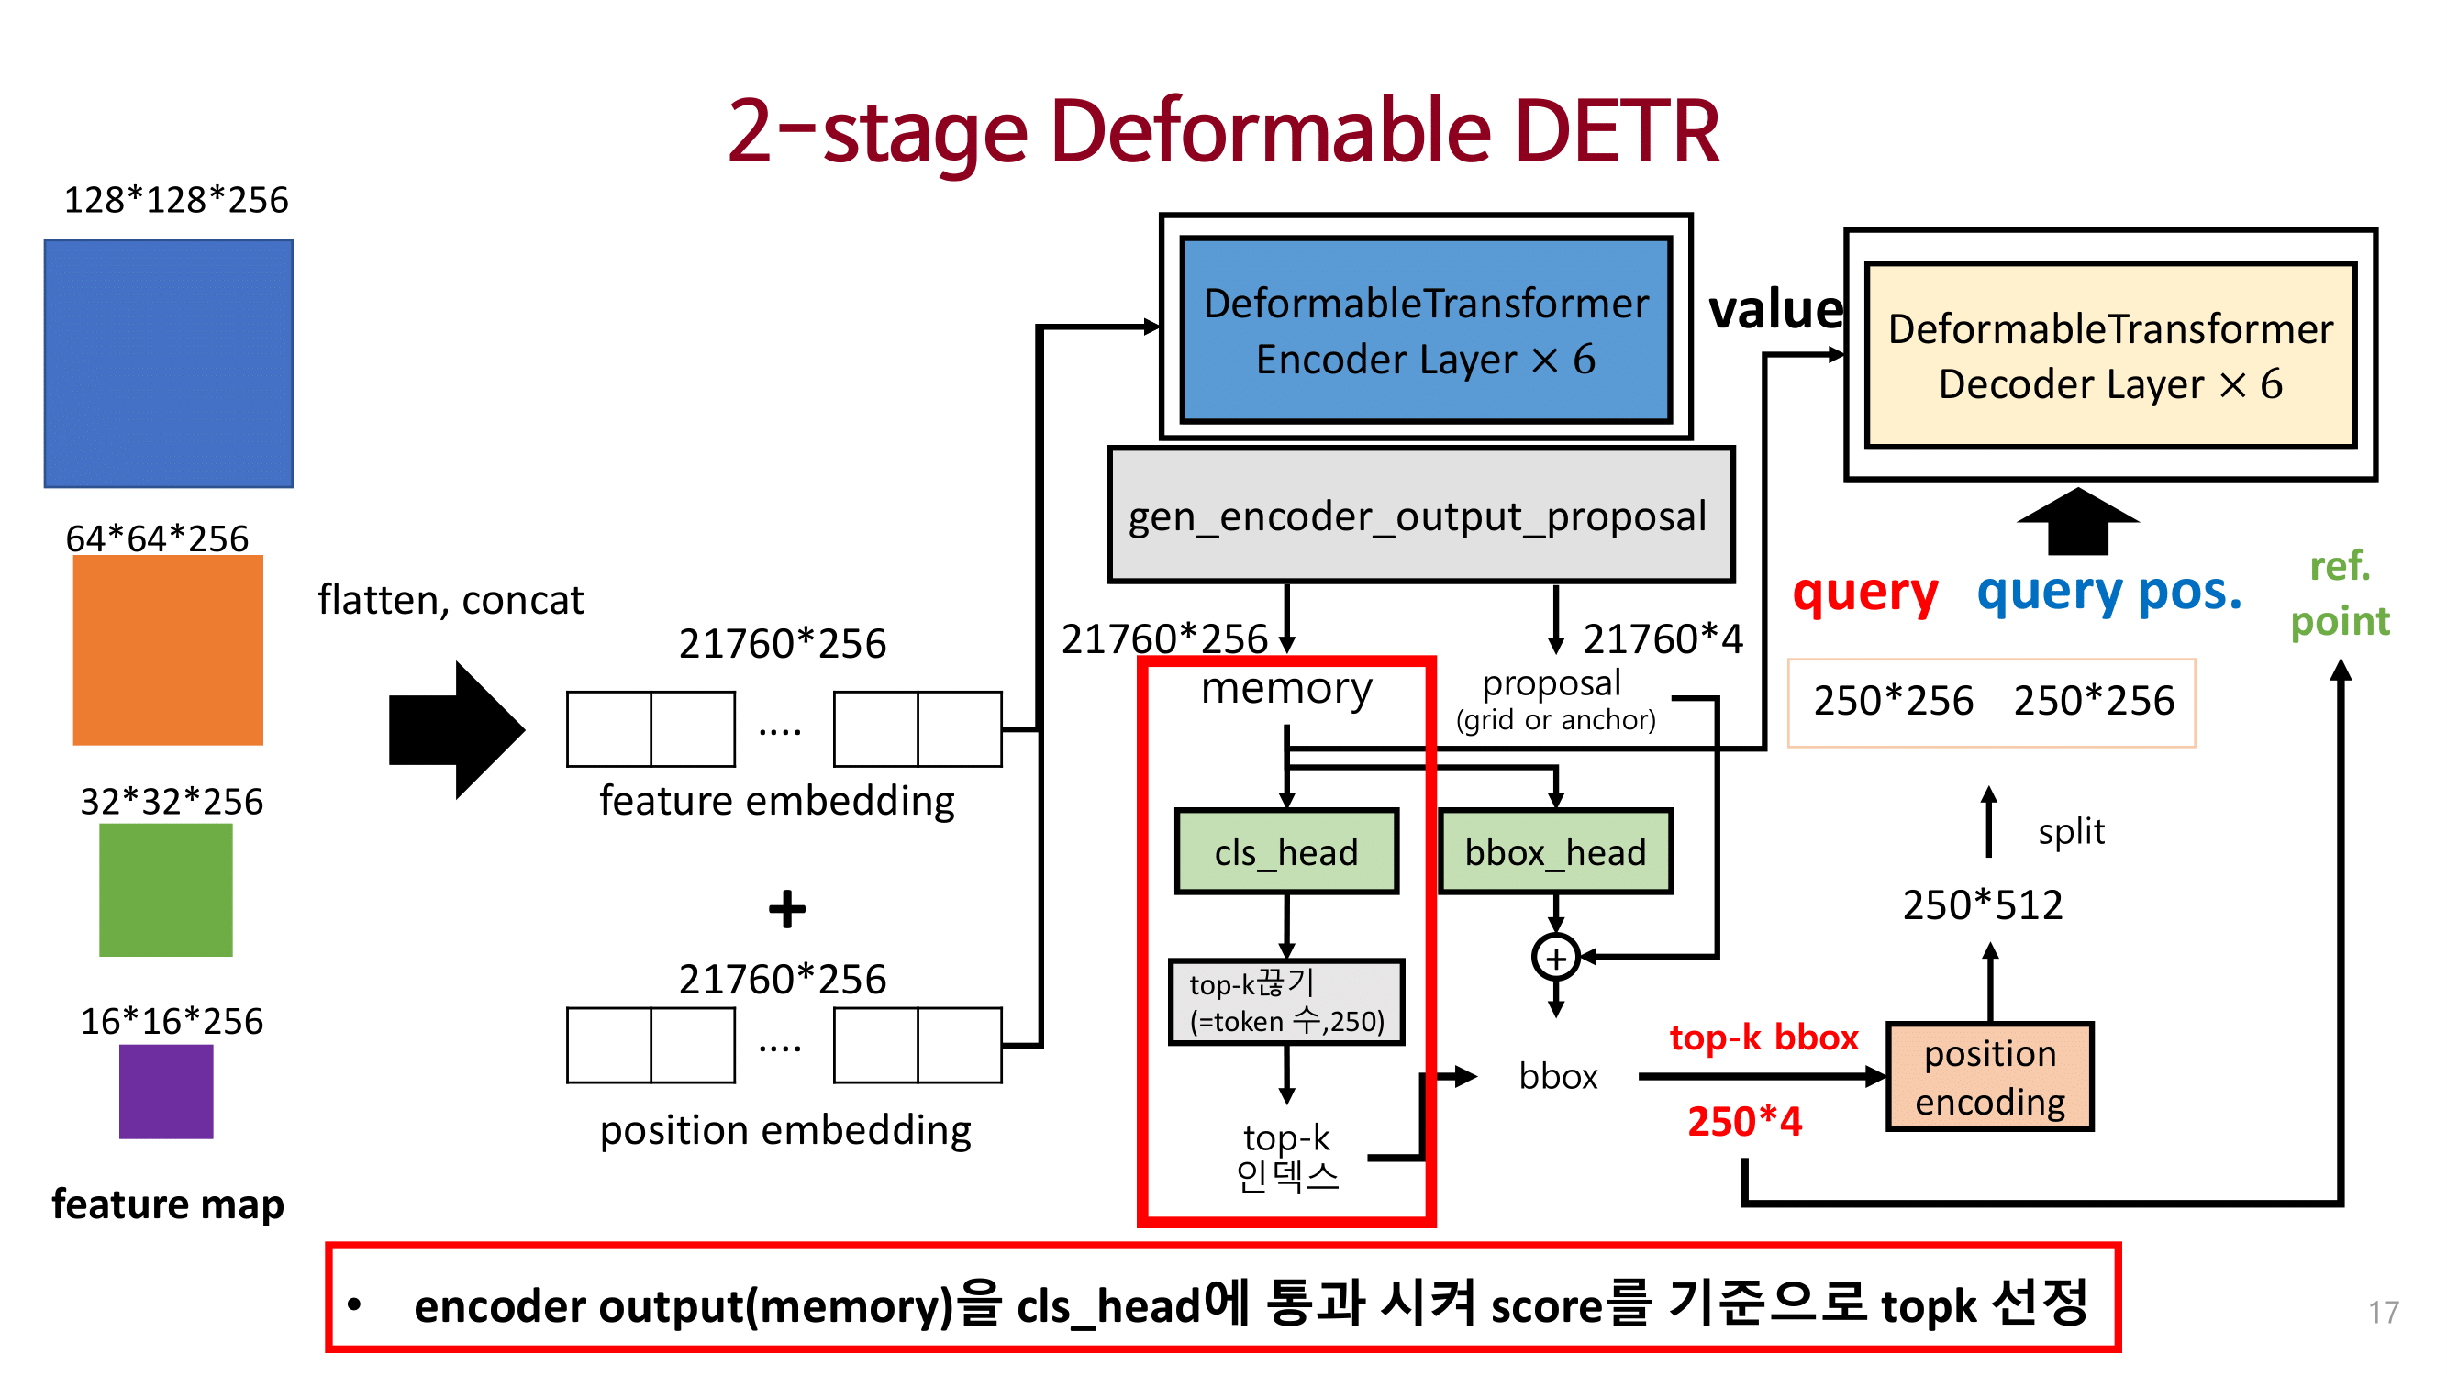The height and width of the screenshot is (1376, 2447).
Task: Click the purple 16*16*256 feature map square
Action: pos(166,1092)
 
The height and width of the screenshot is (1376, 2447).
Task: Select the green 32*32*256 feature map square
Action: pos(166,890)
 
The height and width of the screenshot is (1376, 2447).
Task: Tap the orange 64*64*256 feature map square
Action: pos(168,650)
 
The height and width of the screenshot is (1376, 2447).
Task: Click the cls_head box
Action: pos(1286,852)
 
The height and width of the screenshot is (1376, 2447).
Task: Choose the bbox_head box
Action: pos(1555,852)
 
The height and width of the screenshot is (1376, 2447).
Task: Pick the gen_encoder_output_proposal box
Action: pos(1420,516)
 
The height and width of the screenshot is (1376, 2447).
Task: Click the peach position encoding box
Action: pos(1989,1077)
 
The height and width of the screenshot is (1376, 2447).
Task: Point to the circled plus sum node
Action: pos(1555,959)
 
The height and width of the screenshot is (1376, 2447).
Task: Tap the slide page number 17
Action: pos(2384,1313)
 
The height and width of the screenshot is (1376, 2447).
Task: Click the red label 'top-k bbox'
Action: pos(1763,1038)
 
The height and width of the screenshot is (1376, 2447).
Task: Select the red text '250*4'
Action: pos(1744,1122)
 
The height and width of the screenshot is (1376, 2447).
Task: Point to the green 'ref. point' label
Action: pos(2340,594)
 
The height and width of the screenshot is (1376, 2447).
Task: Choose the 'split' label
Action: pos(2071,831)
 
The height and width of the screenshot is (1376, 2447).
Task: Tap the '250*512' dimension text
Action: pos(1983,905)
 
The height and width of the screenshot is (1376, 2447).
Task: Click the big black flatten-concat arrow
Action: pos(456,730)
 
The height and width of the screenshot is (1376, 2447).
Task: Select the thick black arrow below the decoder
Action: pos(2077,522)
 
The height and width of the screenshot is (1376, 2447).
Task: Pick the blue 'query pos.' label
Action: pos(2108,592)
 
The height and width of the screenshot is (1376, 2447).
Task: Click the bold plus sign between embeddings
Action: pos(786,909)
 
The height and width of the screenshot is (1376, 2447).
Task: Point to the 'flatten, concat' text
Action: pos(450,600)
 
